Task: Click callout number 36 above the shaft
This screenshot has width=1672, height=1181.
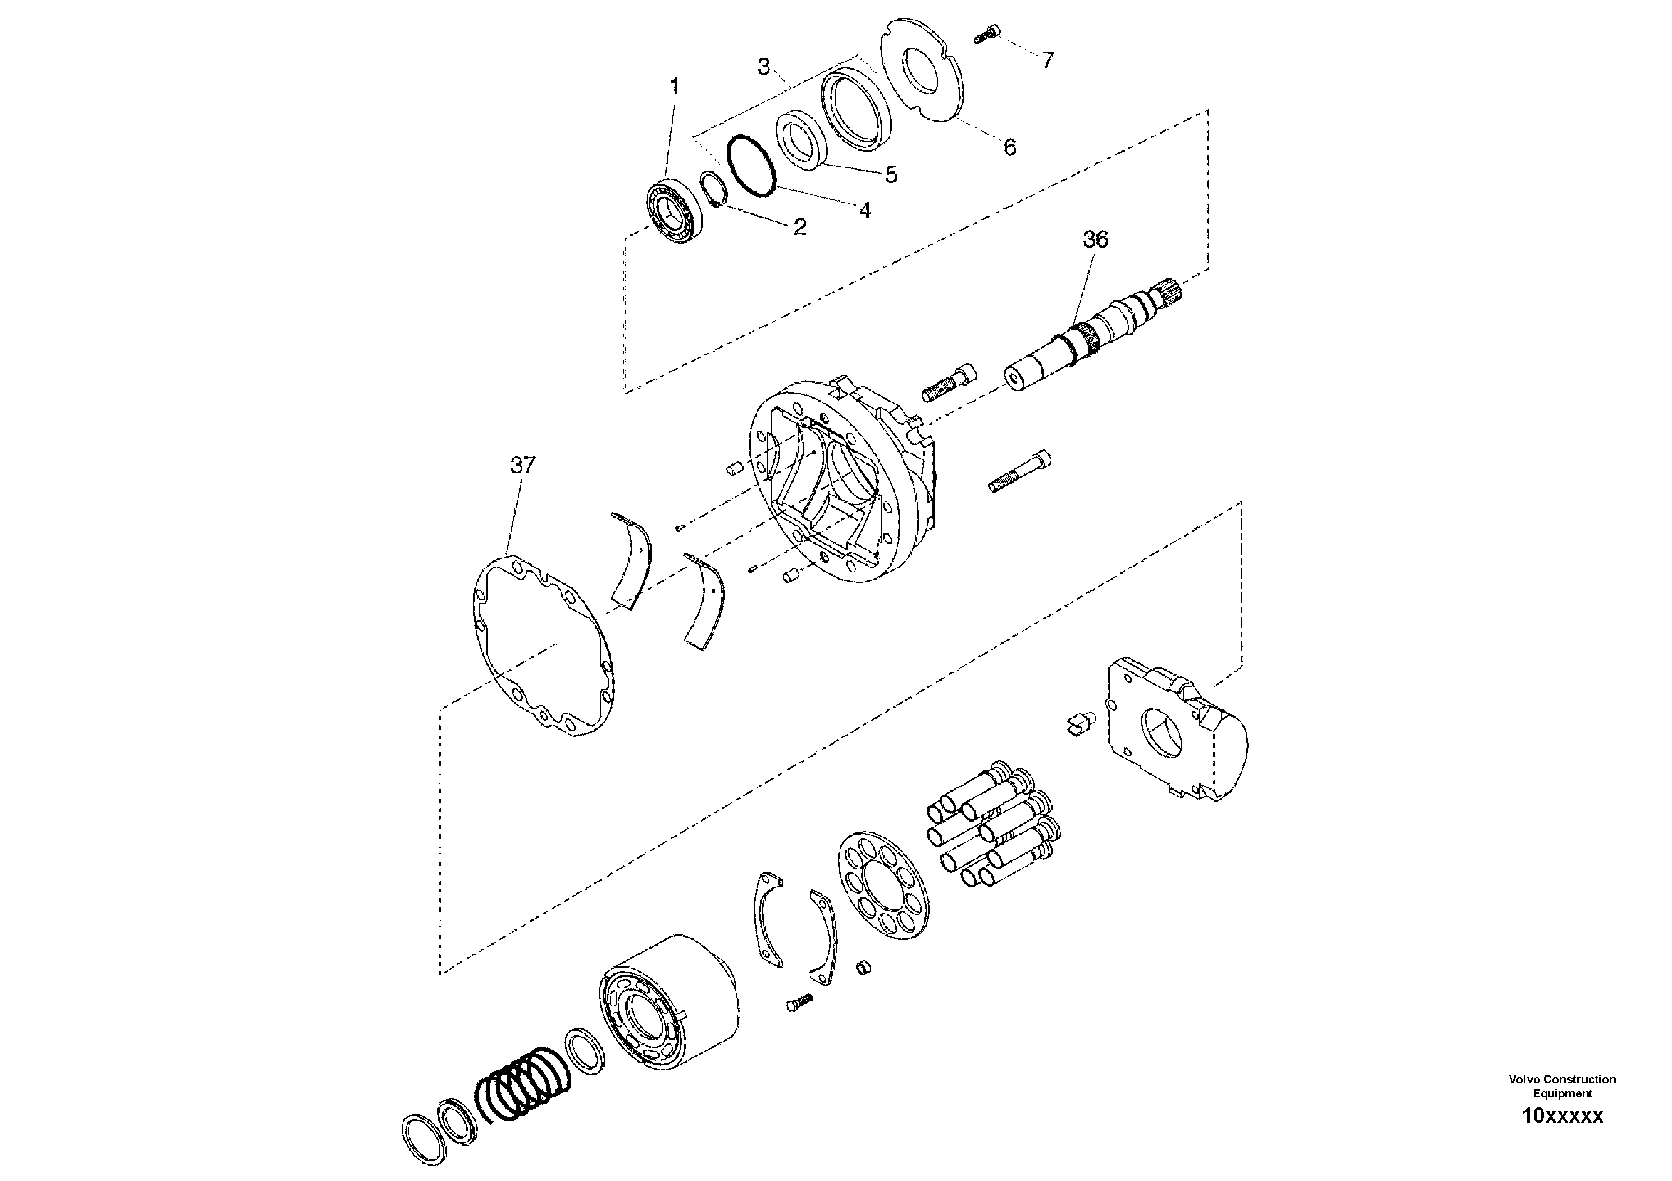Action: coord(1095,240)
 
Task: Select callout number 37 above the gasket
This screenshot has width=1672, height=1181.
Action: coord(522,464)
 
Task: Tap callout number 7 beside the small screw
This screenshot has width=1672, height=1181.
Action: coord(1047,61)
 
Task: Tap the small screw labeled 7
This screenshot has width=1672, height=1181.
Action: coord(985,35)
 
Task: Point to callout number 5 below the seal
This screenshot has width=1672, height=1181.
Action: coord(891,175)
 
